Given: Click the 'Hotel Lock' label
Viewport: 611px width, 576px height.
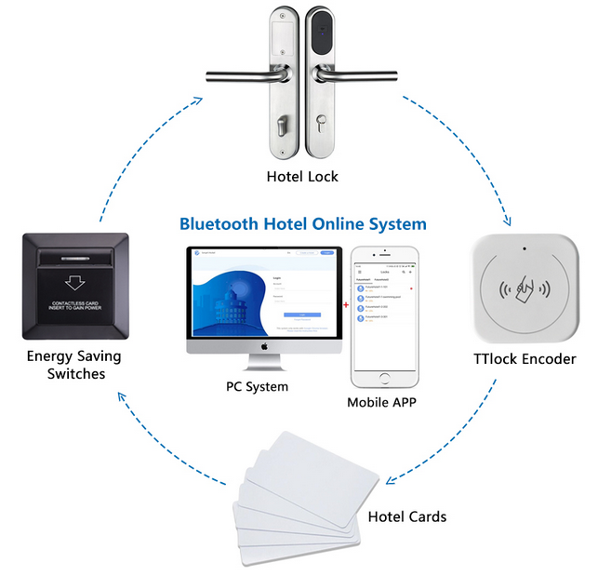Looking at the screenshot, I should point(302,177).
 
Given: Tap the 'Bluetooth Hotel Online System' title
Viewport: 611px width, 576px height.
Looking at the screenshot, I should point(303,224).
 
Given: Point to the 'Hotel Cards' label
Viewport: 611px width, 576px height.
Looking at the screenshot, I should point(407,516).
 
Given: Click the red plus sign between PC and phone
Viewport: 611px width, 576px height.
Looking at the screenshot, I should point(346,304).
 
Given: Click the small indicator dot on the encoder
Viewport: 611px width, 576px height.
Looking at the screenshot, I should point(525,250).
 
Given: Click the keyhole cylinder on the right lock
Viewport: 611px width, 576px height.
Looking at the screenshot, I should point(323,125).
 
